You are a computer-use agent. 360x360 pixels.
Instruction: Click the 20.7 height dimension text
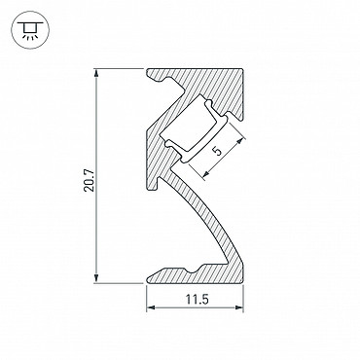pos(89,179)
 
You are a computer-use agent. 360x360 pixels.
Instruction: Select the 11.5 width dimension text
pos(197,300)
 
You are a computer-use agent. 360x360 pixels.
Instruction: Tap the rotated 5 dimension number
pos(217,151)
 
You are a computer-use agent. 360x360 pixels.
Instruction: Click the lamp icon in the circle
pos(30,30)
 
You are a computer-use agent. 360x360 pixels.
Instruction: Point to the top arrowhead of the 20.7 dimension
pos(96,73)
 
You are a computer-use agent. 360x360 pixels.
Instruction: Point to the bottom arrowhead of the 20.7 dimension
pos(96,278)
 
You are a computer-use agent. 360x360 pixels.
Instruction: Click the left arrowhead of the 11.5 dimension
pos(151,307)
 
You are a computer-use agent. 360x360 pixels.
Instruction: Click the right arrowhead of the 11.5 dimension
pos(239,307)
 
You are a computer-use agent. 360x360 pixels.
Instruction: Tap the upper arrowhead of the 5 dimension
pos(240,141)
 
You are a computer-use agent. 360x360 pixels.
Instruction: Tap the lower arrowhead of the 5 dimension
pos(205,174)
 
